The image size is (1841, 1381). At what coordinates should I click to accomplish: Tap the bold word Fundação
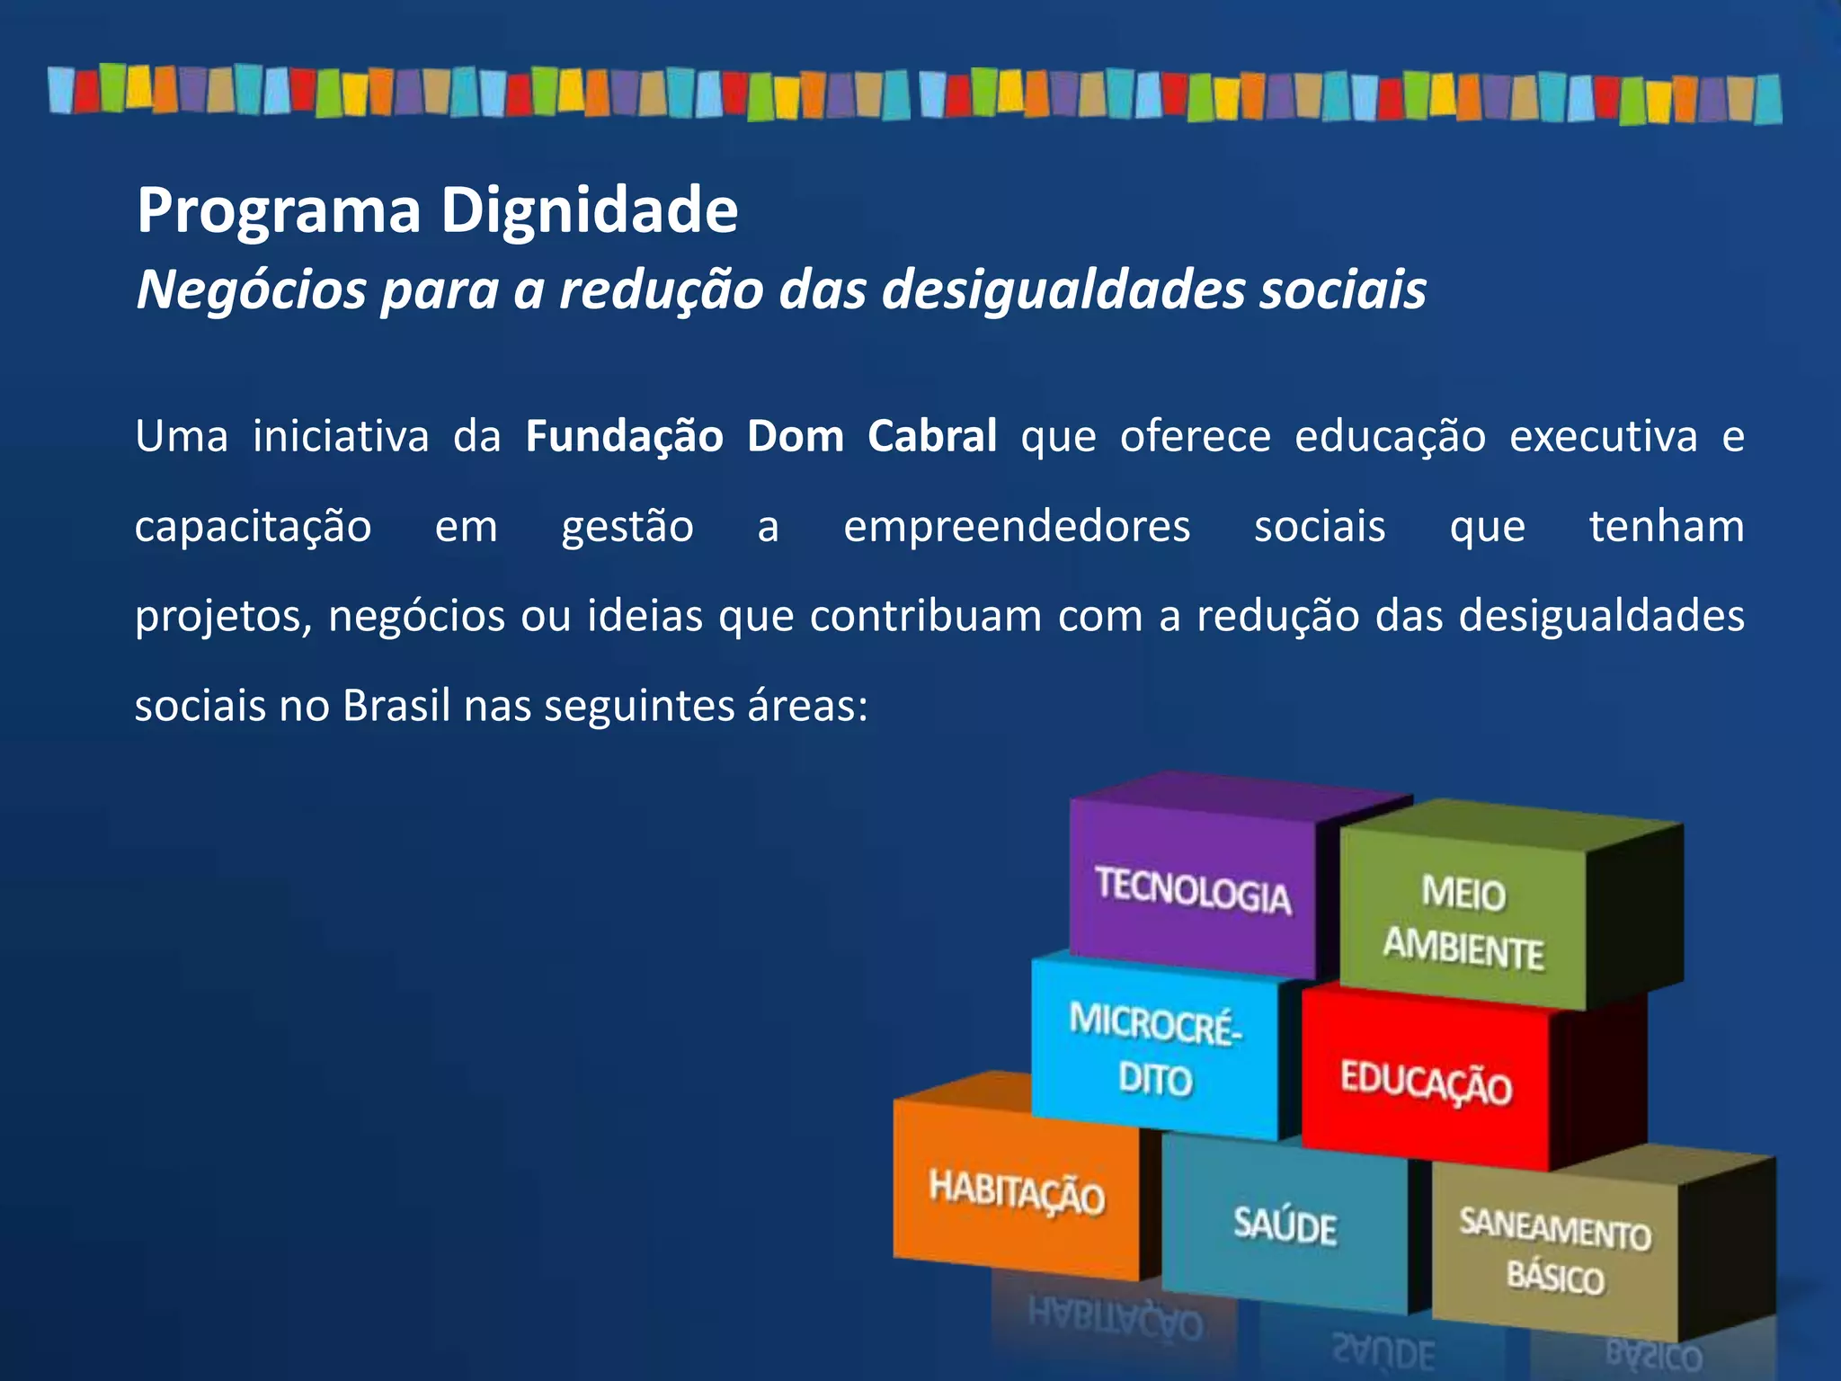pyautogui.click(x=624, y=437)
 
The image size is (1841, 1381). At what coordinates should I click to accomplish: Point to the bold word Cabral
pyautogui.click(x=932, y=436)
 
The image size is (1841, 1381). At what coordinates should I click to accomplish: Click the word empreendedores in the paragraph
pyautogui.click(x=1017, y=527)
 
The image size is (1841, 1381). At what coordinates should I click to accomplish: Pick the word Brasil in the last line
pyautogui.click(x=396, y=706)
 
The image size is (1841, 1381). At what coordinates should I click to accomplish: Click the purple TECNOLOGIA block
pyautogui.click(x=1193, y=890)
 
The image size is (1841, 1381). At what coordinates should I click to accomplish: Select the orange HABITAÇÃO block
pyautogui.click(x=1016, y=1191)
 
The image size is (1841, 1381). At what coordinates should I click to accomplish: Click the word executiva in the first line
pyautogui.click(x=1603, y=437)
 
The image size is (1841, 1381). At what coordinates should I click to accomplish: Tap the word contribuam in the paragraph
pyautogui.click(x=926, y=617)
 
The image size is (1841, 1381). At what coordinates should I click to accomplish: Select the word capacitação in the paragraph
pyautogui.click(x=253, y=527)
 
